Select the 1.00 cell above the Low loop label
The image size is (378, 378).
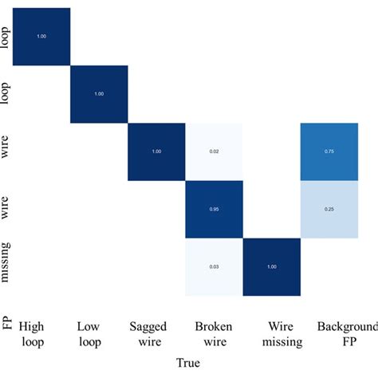(x=99, y=94)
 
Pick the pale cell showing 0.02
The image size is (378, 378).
(x=214, y=152)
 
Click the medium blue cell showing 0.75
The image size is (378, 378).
(x=329, y=152)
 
